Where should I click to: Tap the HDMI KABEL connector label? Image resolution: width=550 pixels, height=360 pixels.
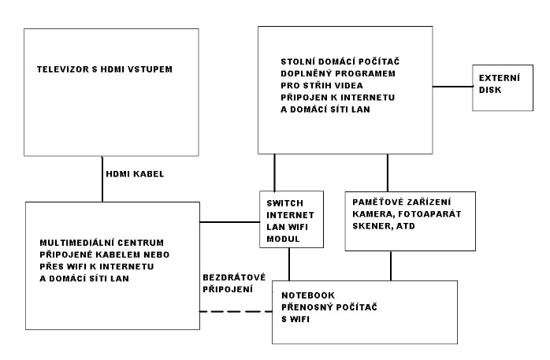click(135, 174)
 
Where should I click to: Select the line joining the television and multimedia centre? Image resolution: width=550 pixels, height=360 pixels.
click(102, 179)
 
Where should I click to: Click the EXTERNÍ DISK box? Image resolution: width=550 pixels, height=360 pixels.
click(503, 87)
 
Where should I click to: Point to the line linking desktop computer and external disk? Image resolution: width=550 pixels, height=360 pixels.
click(452, 86)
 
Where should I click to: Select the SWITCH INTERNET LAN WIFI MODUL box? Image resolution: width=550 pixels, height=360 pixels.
click(292, 220)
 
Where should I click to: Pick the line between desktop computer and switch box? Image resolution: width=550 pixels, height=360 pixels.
click(274, 173)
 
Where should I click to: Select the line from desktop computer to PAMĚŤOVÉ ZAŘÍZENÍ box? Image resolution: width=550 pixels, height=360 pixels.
click(387, 173)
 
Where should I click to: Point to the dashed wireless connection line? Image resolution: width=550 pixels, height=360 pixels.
click(236, 311)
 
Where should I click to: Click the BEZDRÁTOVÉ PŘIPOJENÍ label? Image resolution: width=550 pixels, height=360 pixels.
click(234, 284)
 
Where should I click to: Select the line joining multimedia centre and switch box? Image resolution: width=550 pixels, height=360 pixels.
click(230, 222)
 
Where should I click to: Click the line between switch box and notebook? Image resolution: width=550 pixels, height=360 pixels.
click(289, 265)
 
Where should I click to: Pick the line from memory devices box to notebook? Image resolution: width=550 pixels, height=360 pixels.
click(391, 265)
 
